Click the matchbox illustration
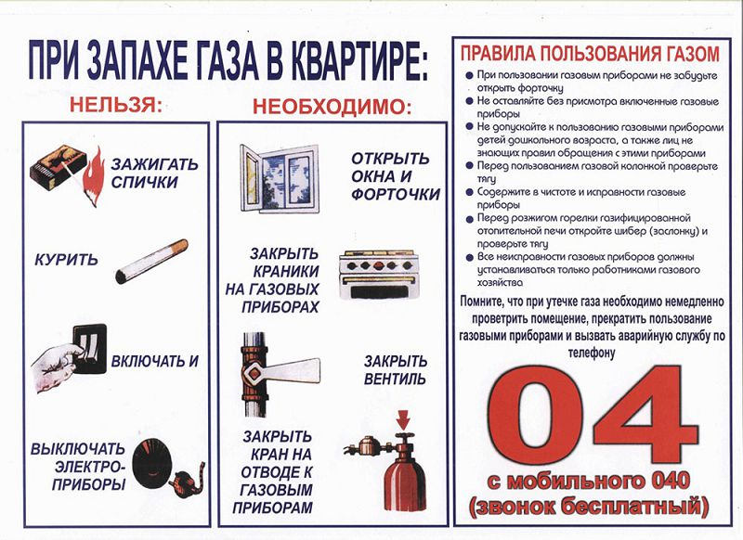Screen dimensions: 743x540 tap(58, 166)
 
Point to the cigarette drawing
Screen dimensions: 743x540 tap(151, 262)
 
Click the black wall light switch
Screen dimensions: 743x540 tap(89, 349)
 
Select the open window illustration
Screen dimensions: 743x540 tap(280, 179)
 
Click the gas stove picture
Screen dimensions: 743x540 tap(379, 275)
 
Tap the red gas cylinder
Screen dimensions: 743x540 tap(404, 473)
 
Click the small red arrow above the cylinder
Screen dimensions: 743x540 tap(403, 418)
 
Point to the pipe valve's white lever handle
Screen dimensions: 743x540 tap(293, 370)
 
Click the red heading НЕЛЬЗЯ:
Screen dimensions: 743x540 tap(116, 105)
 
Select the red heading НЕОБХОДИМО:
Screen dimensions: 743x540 tap(332, 107)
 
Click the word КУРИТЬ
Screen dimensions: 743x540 tap(66, 260)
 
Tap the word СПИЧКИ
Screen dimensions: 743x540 tap(145, 182)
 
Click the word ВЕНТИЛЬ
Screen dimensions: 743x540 tap(395, 379)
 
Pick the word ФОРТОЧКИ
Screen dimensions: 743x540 tap(396, 195)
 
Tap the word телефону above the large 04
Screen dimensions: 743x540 tap(592, 353)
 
